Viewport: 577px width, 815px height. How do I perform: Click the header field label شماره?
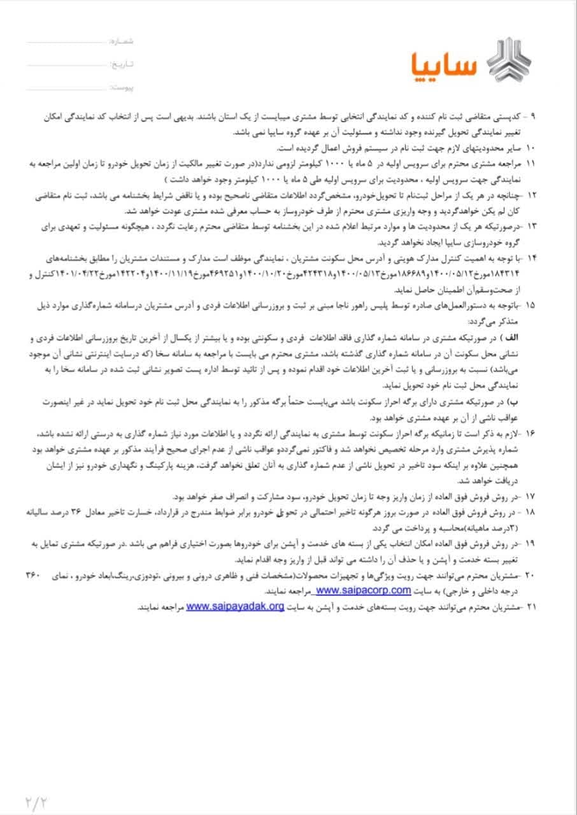(122, 41)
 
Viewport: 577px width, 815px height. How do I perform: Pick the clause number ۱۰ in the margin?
(532, 148)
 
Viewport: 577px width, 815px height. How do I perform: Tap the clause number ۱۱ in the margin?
(532, 164)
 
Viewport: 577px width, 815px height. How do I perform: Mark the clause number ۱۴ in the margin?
(532, 257)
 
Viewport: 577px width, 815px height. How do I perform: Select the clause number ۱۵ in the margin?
(532, 305)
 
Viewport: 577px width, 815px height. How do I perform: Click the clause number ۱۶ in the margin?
(532, 433)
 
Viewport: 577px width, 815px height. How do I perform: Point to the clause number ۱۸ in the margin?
(532, 512)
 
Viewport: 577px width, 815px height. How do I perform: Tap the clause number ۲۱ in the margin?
(532, 607)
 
